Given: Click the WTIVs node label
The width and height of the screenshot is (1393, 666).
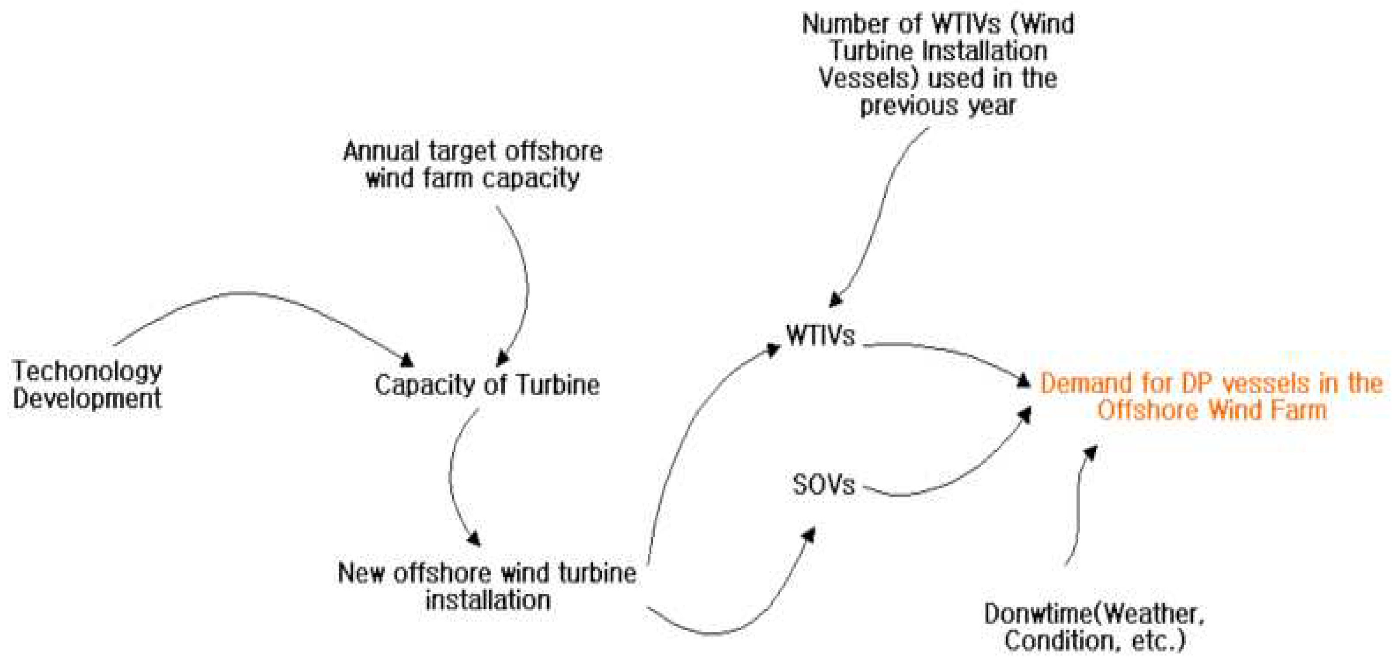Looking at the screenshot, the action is [820, 336].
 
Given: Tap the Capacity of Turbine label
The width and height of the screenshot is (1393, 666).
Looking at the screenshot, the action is [486, 385].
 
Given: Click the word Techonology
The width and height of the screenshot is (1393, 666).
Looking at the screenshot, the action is [87, 371].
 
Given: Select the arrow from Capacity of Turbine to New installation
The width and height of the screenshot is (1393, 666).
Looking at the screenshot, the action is [452, 476].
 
